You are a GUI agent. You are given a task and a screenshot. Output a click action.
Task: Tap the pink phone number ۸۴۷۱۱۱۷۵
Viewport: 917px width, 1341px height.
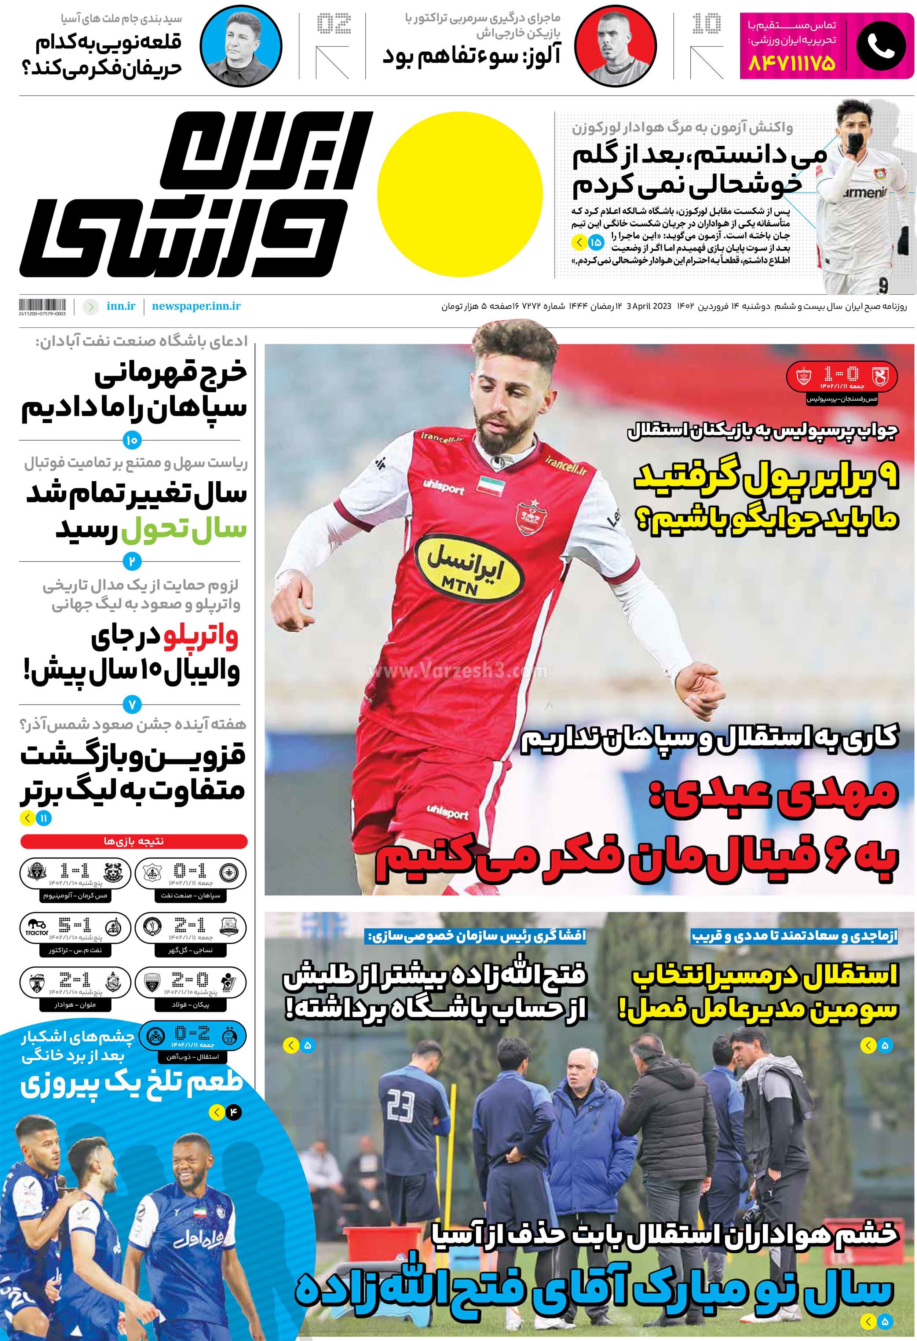[x=792, y=63]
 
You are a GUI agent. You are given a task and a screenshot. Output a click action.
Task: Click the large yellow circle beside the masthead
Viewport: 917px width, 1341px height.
[x=460, y=193]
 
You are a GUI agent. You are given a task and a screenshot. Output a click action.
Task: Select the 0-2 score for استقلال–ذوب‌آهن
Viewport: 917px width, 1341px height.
[x=192, y=1032]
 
